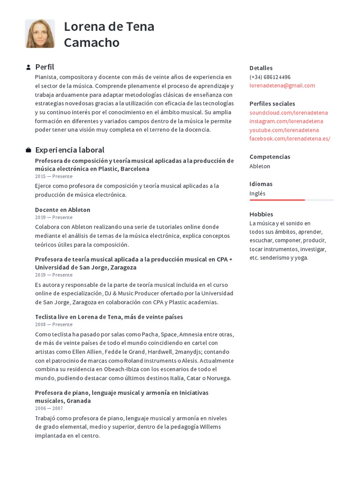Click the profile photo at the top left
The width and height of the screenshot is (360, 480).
pyautogui.click(x=40, y=34)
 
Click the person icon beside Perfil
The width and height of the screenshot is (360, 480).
pyautogui.click(x=28, y=67)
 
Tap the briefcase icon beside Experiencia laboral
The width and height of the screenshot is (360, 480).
pyautogui.click(x=28, y=150)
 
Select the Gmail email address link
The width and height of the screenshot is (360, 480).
pyautogui.click(x=282, y=85)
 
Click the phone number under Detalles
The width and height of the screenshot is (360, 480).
pyautogui.click(x=270, y=77)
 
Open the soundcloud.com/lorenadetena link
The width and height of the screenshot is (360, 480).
pyautogui.click(x=288, y=112)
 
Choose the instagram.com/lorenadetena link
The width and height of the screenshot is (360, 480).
pyautogui.click(x=286, y=121)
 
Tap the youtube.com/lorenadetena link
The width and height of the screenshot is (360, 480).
pyautogui.click(x=284, y=130)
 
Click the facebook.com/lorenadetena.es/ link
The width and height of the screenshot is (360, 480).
pyautogui.click(x=290, y=138)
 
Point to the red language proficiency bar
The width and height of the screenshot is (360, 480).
pyautogui.click(x=277, y=200)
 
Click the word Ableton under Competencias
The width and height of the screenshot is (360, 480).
pyautogui.click(x=260, y=166)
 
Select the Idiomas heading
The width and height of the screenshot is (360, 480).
pyautogui.click(x=261, y=184)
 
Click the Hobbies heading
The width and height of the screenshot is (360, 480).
pyautogui.click(x=261, y=214)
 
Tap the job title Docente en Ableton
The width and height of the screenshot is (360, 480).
pyautogui.click(x=62, y=210)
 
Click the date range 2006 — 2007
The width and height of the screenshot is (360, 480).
pyautogui.click(x=49, y=408)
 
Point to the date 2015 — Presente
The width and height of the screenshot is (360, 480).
pyautogui.click(x=53, y=176)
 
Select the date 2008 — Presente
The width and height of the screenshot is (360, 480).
pyautogui.click(x=53, y=324)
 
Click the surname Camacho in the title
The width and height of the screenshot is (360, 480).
pyautogui.click(x=91, y=43)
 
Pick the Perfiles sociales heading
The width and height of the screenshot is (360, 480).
pyautogui.click(x=272, y=104)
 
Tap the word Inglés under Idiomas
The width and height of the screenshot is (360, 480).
pyautogui.click(x=257, y=193)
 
